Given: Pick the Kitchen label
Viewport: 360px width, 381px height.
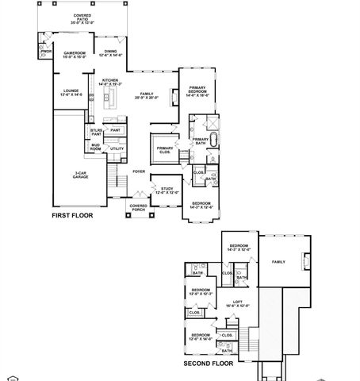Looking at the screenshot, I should pos(109,82).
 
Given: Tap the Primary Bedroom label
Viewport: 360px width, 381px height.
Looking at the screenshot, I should pos(197,91).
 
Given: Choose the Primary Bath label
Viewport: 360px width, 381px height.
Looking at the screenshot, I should pos(200,141).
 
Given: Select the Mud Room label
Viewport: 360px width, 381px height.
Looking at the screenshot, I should pos(95,147).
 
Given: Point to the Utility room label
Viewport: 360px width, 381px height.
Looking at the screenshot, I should pos(116,148).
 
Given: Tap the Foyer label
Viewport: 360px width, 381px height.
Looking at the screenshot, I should pos(139,171).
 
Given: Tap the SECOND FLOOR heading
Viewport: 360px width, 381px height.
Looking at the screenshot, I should pos(208,364).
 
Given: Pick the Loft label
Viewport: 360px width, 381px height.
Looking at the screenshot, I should pos(237,302).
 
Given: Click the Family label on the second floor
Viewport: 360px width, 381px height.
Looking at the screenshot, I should pos(278,261).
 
